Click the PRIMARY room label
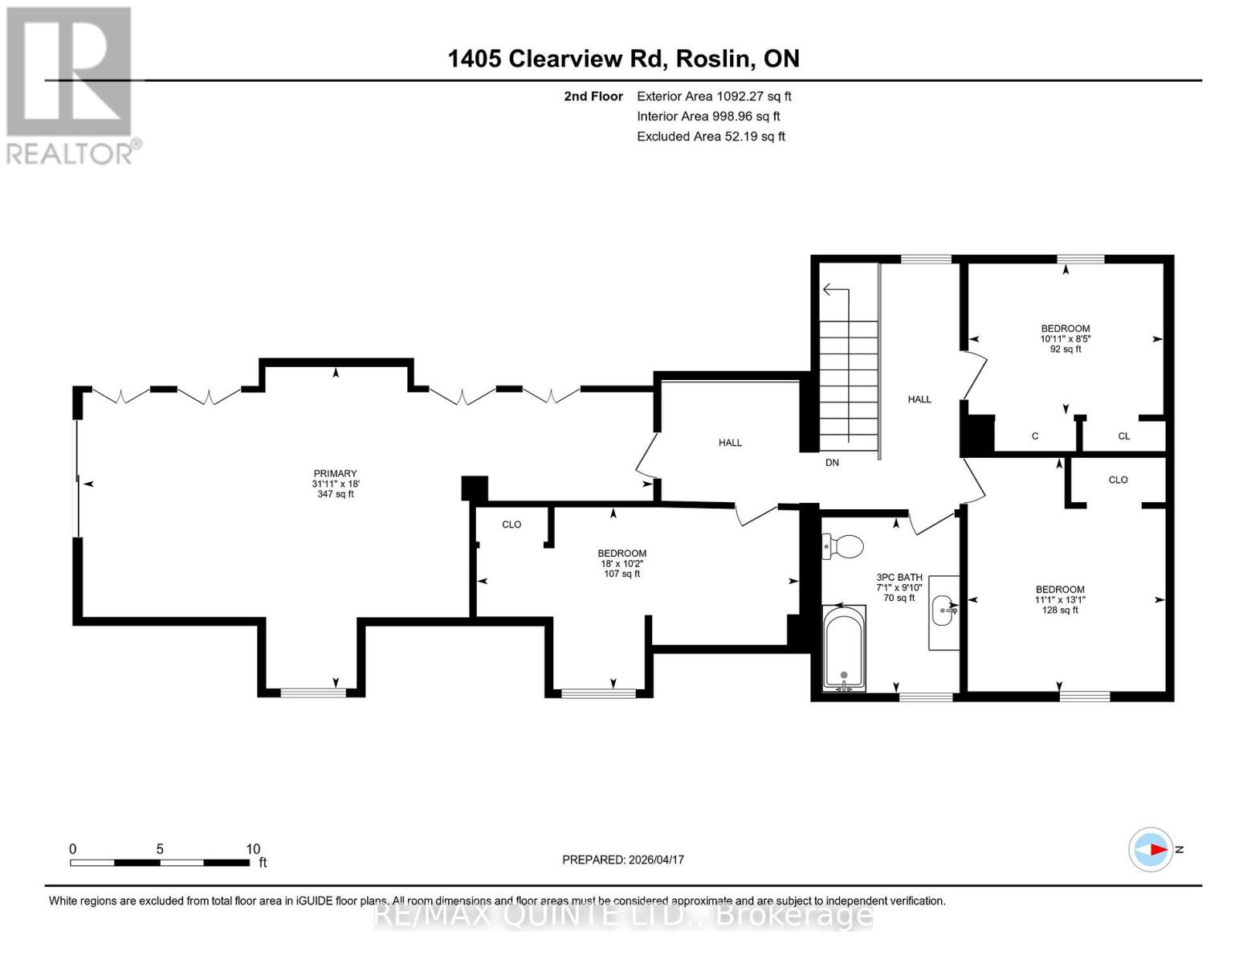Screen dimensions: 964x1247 [335, 484]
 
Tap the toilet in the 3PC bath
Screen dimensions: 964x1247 [842, 547]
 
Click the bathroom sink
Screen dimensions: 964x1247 [944, 611]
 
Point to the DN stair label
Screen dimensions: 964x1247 [832, 463]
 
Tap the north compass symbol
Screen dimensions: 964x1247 [1151, 849]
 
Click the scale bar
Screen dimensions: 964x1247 [160, 862]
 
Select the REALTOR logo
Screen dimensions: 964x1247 [71, 85]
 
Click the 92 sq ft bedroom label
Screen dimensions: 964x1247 [1066, 338]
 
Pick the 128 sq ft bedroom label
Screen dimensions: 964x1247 [1060, 599]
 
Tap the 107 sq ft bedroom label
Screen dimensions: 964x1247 [621, 563]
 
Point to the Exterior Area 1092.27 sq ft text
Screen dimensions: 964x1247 [714, 96]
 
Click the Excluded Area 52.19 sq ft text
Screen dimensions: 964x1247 [711, 137]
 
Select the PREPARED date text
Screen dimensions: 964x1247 [623, 860]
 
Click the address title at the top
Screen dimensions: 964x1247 [623, 59]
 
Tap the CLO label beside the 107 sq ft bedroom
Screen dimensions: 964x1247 [511, 525]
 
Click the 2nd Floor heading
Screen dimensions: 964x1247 [593, 96]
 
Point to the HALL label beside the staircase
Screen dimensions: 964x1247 [919, 399]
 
